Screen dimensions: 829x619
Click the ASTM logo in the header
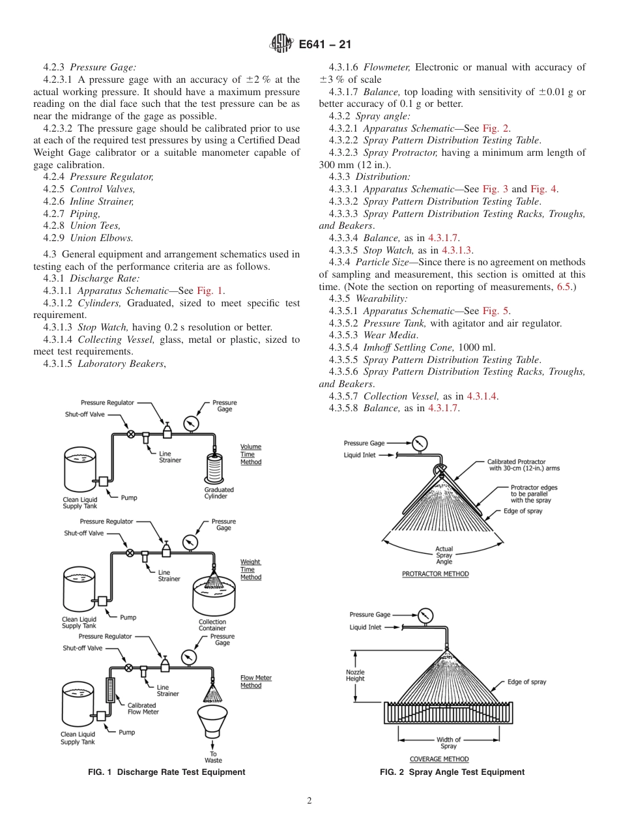click(281, 44)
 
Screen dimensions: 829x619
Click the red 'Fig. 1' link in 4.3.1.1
click(210, 291)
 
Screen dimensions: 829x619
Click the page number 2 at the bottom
click(309, 801)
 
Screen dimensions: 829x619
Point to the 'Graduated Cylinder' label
click(219, 493)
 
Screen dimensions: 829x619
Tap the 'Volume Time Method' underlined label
click(251, 454)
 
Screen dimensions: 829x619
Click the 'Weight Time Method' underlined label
click(251, 569)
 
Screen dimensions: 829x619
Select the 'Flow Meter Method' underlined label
click(255, 682)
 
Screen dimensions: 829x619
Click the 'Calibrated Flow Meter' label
click(141, 708)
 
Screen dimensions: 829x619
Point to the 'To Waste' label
click(213, 757)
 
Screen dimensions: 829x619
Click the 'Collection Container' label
click(212, 625)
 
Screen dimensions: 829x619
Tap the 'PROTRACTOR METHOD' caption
click(435, 574)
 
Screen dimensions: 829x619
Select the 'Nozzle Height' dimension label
click(355, 675)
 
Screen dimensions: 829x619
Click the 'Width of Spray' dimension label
click(448, 742)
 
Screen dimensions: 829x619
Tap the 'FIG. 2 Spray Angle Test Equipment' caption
click(452, 772)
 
